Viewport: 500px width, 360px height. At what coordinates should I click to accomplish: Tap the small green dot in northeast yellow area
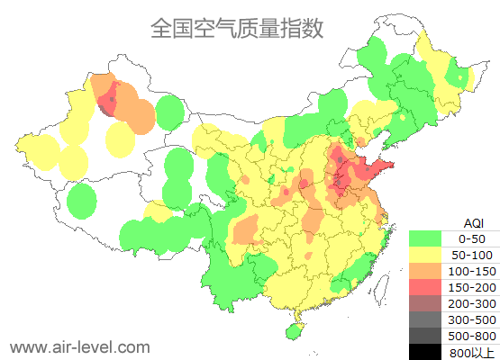coord(462,79)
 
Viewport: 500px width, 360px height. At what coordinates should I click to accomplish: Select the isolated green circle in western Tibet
coord(82,200)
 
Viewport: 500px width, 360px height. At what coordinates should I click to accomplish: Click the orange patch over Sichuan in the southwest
coord(246,231)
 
